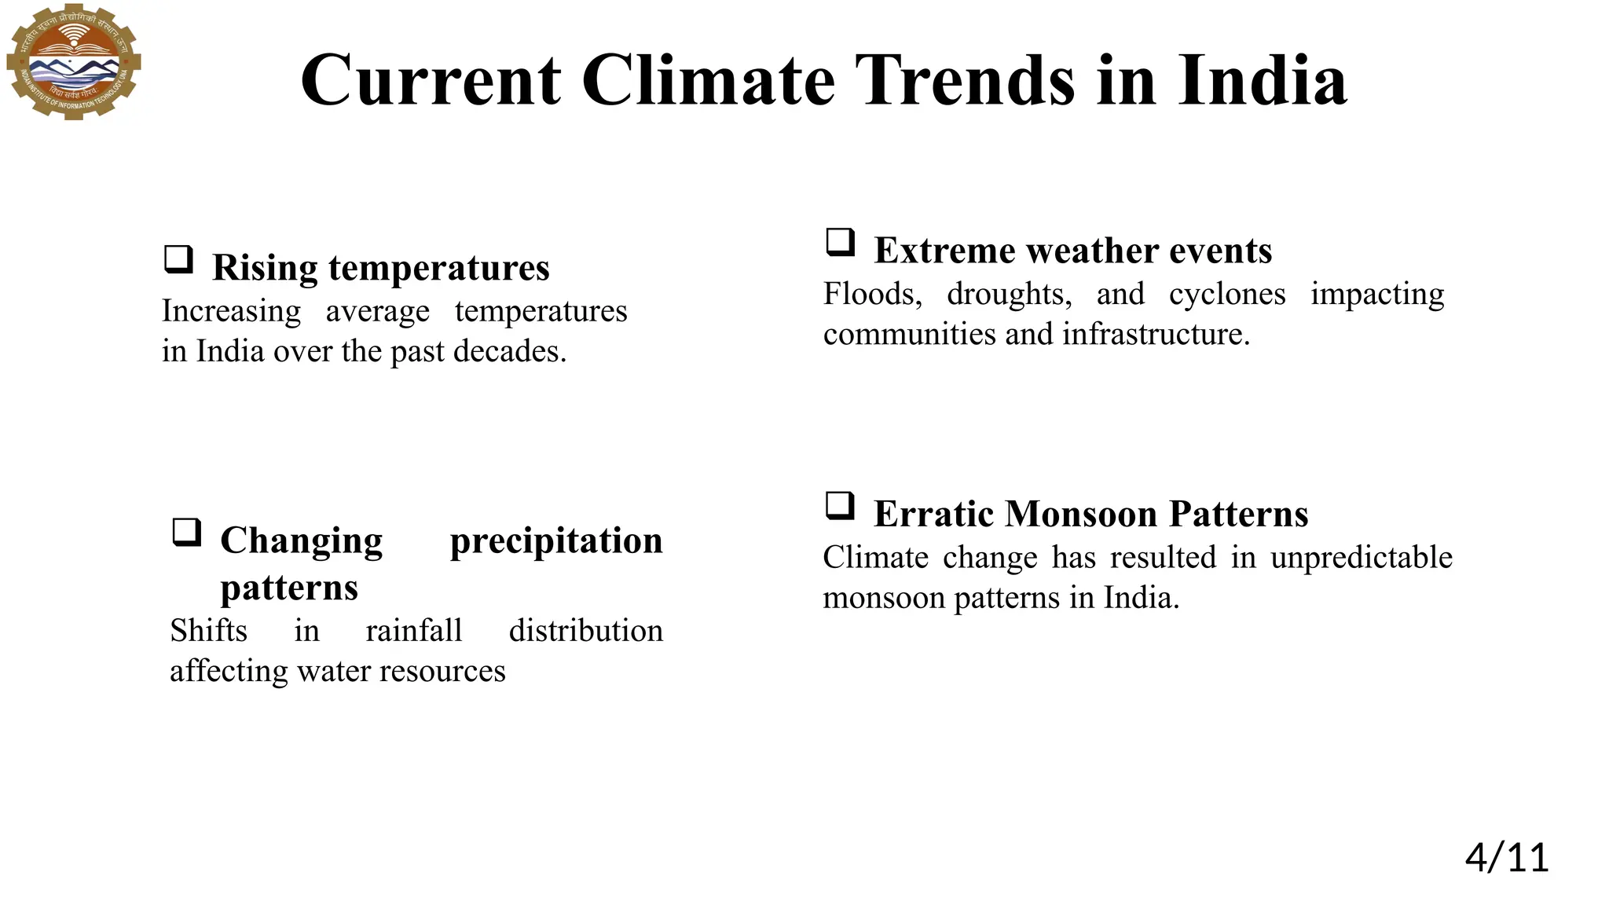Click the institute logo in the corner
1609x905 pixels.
[x=73, y=61]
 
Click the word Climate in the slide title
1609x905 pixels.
[x=708, y=80]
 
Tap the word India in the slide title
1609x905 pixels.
[x=1262, y=80]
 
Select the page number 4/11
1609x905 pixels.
[x=1506, y=857]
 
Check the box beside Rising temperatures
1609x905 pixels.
[x=178, y=258]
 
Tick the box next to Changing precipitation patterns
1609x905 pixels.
[x=186, y=532]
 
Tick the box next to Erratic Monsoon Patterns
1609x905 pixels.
[x=840, y=505]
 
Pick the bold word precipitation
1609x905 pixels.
[x=556, y=540]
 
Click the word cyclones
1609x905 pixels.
[x=1227, y=295]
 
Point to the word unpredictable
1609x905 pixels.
[x=1362, y=558]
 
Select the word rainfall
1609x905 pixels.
[x=414, y=631]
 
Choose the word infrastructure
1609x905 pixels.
[x=1156, y=335]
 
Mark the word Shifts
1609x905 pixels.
[x=209, y=631]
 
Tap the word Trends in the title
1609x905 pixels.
[x=965, y=80]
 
